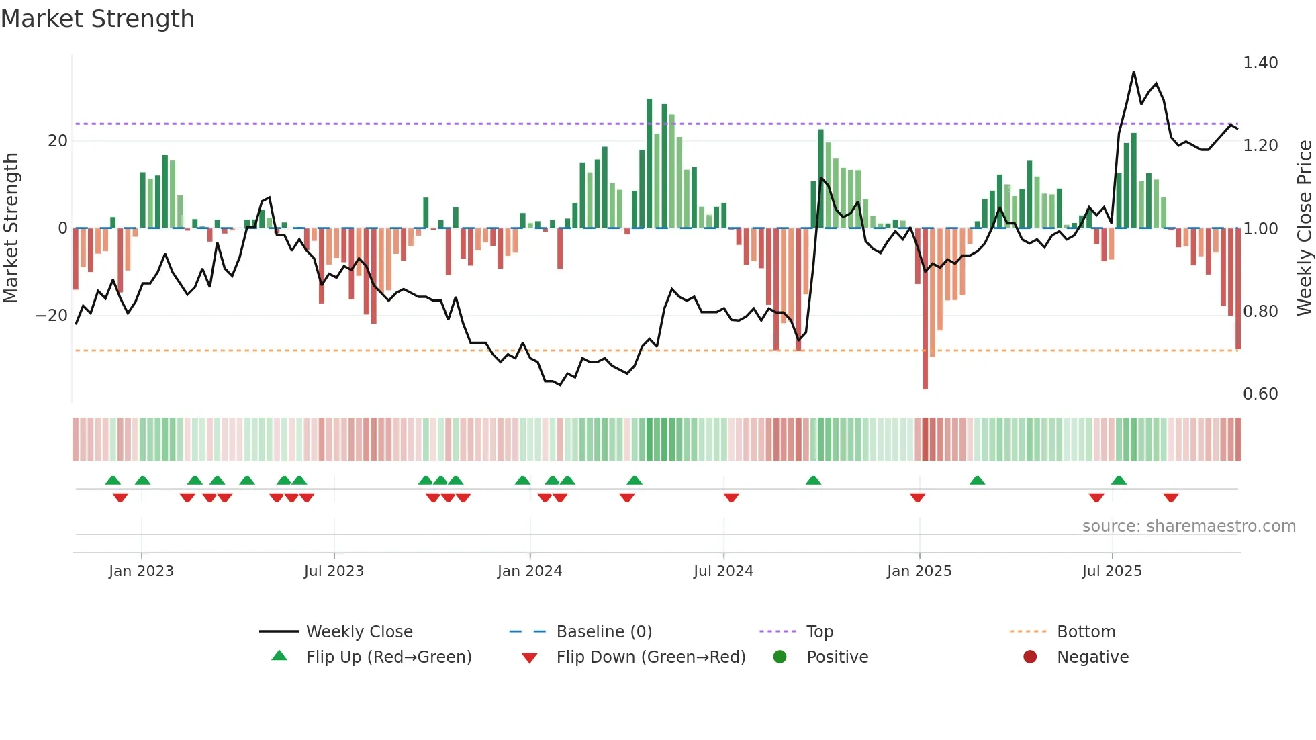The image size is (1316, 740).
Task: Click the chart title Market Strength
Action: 97,19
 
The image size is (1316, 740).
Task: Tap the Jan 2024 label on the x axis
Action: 529,571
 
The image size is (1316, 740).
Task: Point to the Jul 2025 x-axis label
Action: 1111,571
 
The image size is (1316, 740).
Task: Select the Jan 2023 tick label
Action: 141,571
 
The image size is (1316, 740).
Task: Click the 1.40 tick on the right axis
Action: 1260,63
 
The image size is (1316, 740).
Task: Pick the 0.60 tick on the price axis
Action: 1260,394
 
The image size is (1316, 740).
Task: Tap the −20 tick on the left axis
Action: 51,316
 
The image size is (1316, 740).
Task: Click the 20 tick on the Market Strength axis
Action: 58,141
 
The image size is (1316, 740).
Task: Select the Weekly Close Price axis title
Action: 1304,228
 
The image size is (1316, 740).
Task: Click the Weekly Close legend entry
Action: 359,632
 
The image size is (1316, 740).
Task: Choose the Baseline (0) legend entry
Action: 604,632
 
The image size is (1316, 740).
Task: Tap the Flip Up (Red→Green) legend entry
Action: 388,657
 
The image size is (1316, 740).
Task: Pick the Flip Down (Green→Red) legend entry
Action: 651,657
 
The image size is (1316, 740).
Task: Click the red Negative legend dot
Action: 1030,657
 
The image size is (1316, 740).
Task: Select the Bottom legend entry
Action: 1086,632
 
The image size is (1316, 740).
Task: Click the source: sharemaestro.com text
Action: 1188,526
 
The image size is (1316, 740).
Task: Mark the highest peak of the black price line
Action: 1134,72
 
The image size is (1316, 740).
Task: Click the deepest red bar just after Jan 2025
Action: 925,309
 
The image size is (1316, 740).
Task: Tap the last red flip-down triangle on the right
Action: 1171,498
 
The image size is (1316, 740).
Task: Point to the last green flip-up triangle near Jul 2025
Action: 1119,480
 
